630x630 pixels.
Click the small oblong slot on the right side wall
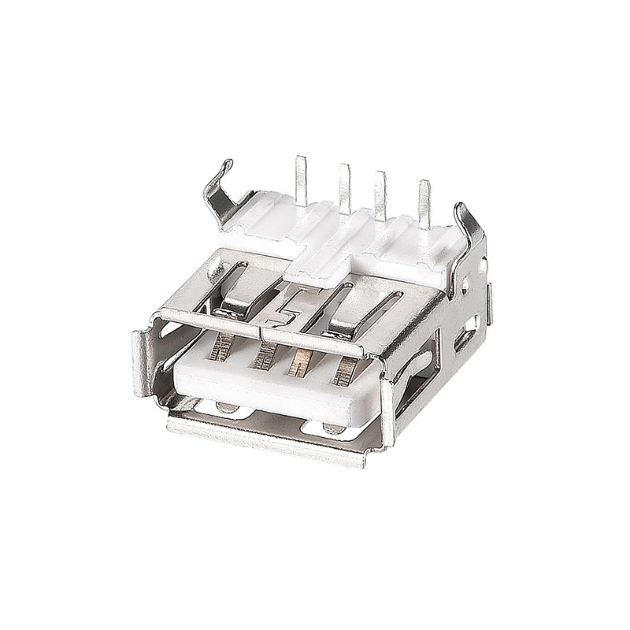(x=464, y=338)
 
